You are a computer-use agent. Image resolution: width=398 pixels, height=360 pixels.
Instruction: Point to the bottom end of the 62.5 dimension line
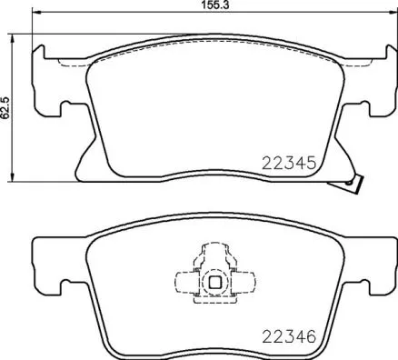click(11, 178)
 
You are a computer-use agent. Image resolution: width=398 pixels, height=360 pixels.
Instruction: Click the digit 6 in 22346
click(310, 335)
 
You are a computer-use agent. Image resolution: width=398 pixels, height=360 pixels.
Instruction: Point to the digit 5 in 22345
click(310, 165)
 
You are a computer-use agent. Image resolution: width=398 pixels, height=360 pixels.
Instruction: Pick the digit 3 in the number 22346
click(285, 335)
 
